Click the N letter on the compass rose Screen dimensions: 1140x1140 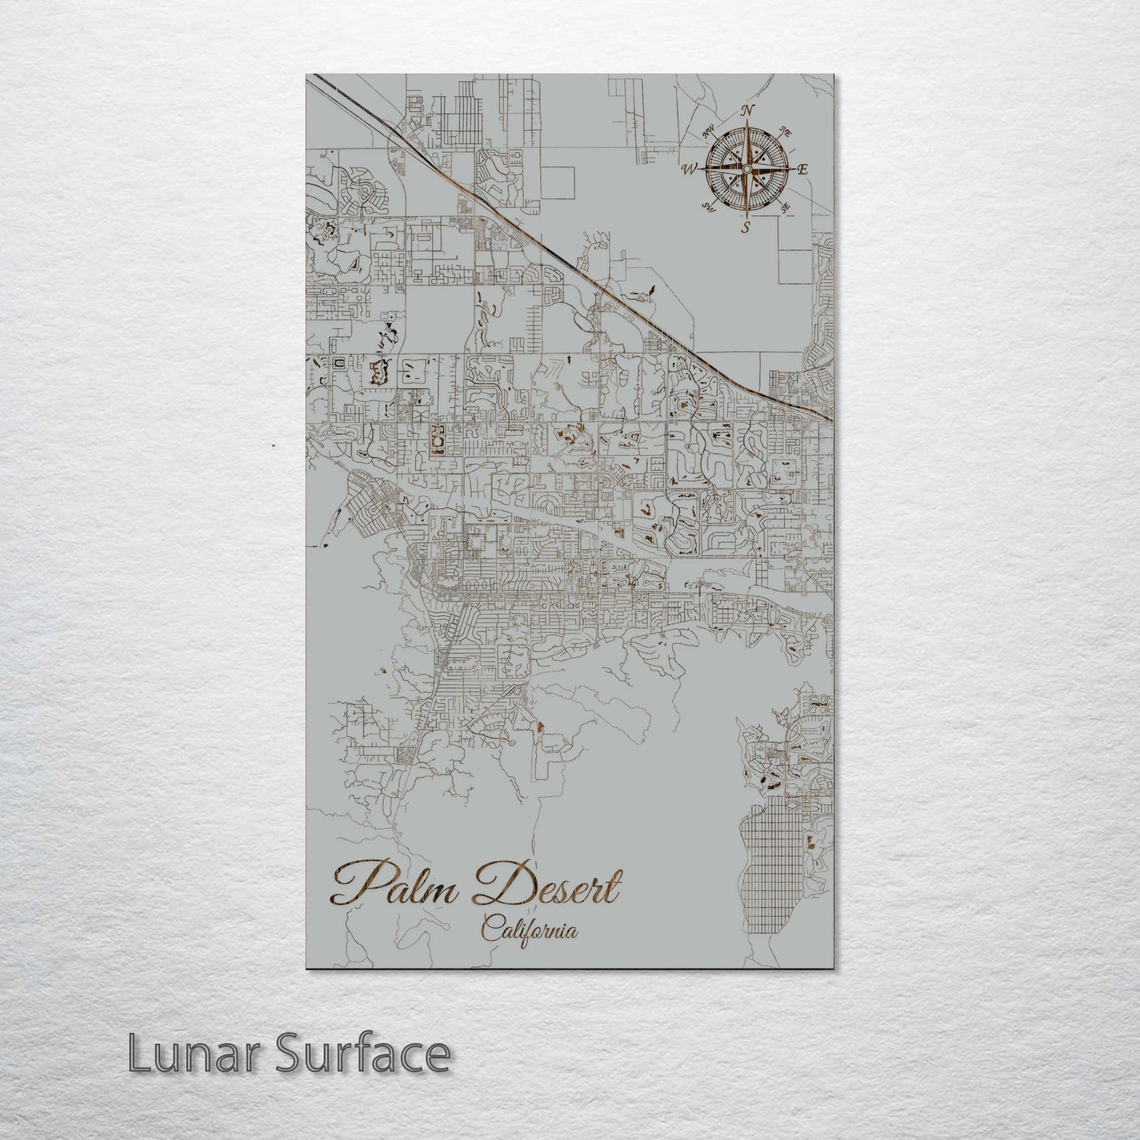pos(749,110)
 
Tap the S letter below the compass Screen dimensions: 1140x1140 pos(745,227)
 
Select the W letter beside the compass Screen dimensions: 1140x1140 pos(689,168)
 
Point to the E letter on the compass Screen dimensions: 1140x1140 pos(803,169)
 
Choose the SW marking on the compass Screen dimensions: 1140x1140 pos(708,207)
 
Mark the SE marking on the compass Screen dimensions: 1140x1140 pos(784,207)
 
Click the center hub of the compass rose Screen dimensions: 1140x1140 pos(746,168)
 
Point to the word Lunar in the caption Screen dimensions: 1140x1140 pos(182,1054)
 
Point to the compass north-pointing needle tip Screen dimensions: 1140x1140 pos(746,126)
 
